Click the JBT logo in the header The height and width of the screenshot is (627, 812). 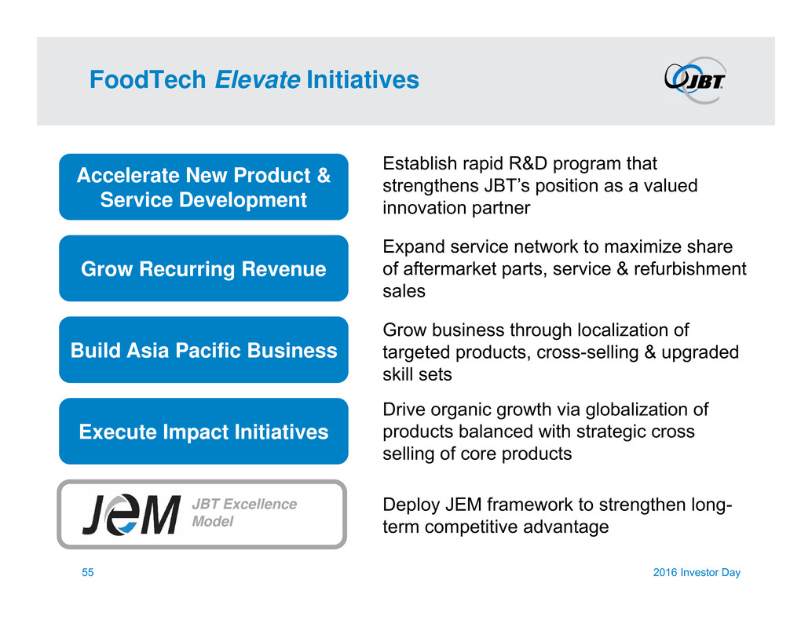[695, 80]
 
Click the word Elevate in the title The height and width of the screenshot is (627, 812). [258, 80]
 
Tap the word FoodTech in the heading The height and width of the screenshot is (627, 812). [148, 80]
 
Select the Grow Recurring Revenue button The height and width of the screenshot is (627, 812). [203, 268]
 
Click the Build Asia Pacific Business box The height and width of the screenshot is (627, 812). [203, 350]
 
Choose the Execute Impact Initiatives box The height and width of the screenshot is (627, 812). [203, 431]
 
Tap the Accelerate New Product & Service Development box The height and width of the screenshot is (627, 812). [203, 187]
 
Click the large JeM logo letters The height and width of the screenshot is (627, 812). [131, 514]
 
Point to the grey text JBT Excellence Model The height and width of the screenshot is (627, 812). [244, 512]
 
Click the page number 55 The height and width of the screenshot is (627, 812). [87, 572]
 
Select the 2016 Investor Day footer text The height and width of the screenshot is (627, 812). [697, 572]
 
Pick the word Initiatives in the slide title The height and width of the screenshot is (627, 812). [363, 80]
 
